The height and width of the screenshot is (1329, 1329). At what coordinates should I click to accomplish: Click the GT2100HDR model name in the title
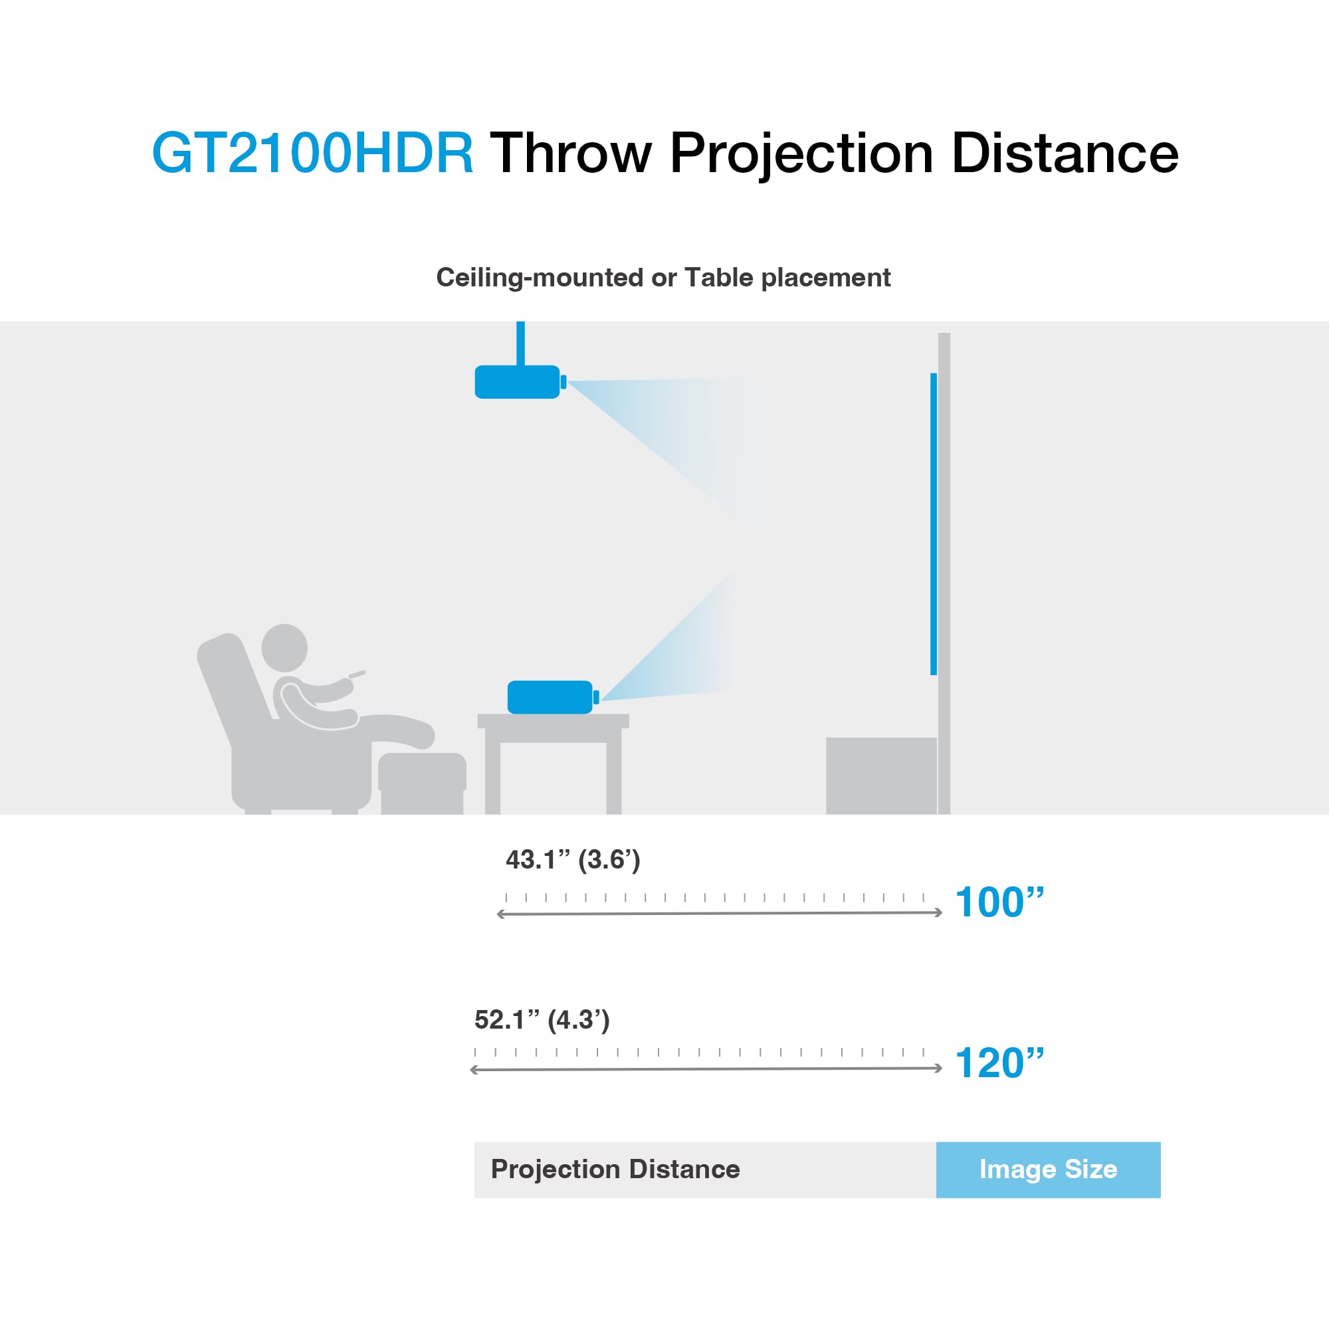(312, 153)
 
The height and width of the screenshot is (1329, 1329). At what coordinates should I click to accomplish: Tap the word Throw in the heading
(570, 153)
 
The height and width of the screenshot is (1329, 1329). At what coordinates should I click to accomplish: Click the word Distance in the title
(1064, 153)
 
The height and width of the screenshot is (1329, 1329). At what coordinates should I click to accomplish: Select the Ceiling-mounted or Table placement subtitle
(663, 278)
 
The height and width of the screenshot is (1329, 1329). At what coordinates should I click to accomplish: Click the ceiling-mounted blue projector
(516, 382)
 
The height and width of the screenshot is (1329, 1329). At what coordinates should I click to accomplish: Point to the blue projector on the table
(549, 697)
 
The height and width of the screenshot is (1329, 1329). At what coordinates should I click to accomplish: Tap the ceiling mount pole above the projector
(521, 343)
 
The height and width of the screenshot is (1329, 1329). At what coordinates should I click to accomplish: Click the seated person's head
(284, 647)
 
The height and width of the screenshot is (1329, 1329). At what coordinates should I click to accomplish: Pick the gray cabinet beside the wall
(880, 775)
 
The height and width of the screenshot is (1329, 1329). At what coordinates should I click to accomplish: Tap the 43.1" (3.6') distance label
(572, 860)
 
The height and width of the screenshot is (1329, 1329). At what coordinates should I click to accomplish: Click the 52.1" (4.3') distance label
(542, 1019)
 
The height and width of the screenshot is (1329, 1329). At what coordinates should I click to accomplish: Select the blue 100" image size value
(999, 902)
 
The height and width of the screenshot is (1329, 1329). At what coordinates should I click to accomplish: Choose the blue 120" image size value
(999, 1063)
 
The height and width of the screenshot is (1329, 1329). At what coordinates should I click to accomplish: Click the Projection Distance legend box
(704, 1170)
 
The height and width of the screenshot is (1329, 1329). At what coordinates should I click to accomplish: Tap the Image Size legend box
(1048, 1170)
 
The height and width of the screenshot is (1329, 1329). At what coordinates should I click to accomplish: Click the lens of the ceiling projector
(563, 382)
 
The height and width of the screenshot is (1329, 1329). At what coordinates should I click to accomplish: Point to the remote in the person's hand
(356, 673)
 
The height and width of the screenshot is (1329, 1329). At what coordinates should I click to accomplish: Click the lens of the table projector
(595, 697)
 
